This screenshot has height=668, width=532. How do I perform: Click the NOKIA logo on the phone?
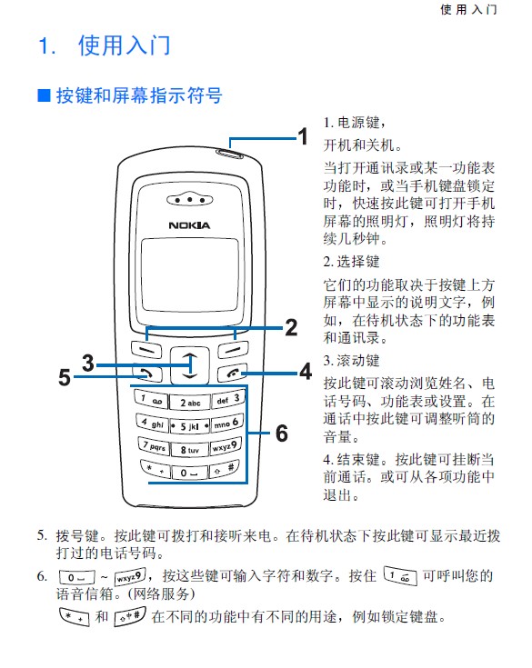[189, 225]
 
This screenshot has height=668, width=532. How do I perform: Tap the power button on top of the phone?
[229, 154]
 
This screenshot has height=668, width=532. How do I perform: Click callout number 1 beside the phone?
[303, 136]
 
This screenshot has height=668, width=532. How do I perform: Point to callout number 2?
[291, 327]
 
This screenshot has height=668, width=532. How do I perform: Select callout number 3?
[88, 363]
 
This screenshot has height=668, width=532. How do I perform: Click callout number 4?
[306, 372]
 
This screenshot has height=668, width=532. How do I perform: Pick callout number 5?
[65, 377]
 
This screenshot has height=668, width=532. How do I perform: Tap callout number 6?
[282, 434]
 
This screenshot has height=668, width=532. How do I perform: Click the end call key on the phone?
[233, 374]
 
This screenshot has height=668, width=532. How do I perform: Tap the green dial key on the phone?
[147, 374]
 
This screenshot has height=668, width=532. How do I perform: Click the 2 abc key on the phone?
[190, 403]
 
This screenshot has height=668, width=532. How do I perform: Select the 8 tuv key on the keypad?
[190, 450]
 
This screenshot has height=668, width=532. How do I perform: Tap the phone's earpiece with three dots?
[189, 199]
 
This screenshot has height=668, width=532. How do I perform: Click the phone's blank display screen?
[190, 274]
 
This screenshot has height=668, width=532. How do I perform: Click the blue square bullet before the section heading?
[44, 95]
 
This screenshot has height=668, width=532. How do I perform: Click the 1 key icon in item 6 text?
[400, 576]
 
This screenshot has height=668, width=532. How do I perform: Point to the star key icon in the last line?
[75, 616]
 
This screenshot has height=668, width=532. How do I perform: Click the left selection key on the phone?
[146, 350]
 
